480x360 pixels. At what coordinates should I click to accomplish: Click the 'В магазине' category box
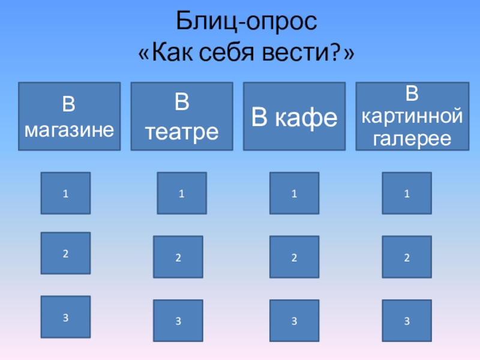click(x=69, y=116)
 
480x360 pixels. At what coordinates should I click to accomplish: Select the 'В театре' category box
click(x=182, y=116)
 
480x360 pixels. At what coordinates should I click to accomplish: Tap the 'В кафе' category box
click(x=294, y=116)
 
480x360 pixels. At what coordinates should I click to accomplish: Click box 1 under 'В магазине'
click(x=65, y=193)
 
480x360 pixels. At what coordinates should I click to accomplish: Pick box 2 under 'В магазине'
click(x=65, y=253)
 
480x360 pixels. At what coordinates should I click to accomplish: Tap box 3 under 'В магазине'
click(x=65, y=316)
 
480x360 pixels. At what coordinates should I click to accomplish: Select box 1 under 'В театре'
click(x=181, y=193)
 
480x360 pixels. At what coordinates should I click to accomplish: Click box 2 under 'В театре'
click(x=178, y=257)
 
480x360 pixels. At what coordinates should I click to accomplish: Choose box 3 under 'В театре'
click(x=178, y=321)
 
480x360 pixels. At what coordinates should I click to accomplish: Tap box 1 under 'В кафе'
click(x=294, y=193)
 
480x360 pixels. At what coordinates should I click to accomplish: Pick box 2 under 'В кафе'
click(x=294, y=257)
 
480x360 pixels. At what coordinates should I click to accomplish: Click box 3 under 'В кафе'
click(x=294, y=321)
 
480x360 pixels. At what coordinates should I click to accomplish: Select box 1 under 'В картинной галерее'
click(x=407, y=193)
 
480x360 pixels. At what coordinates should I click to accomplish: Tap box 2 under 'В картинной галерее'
click(x=407, y=257)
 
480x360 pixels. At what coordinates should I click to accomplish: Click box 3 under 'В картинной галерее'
click(x=407, y=321)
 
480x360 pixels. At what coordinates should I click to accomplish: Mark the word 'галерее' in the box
click(x=412, y=139)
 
